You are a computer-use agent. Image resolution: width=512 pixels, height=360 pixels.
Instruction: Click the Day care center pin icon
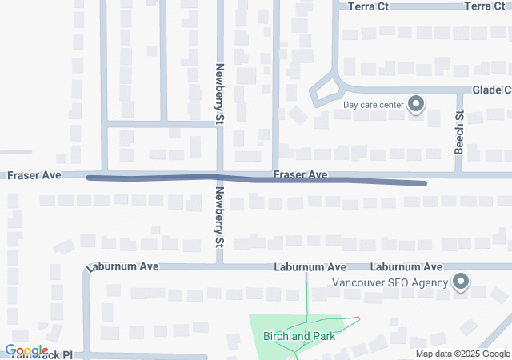(x=416, y=104)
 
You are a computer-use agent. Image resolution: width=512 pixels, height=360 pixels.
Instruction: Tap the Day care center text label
(x=374, y=105)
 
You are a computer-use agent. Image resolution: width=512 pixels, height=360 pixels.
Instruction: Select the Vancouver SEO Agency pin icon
(x=461, y=282)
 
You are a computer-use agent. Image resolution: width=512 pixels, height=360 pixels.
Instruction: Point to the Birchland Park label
(x=299, y=336)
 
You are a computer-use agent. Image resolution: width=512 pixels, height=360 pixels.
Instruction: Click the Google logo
(x=26, y=350)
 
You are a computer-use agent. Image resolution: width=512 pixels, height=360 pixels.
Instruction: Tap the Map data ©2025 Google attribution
(x=462, y=354)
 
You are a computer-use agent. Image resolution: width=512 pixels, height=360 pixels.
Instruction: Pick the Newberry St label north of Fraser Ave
(x=219, y=94)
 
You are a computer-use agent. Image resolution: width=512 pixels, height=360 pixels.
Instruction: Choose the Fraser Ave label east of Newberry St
(x=300, y=174)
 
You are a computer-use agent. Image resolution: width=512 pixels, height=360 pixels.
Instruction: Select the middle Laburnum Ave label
(x=310, y=266)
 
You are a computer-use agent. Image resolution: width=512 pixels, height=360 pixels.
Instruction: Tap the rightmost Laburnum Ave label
(x=406, y=266)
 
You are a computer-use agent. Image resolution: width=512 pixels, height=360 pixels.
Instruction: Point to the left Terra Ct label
(x=369, y=6)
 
